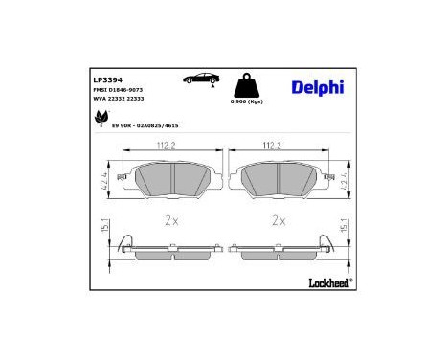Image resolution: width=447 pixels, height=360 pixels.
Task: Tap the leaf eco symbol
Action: coord(101,120)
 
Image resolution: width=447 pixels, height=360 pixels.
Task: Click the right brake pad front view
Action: coord(279,178)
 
